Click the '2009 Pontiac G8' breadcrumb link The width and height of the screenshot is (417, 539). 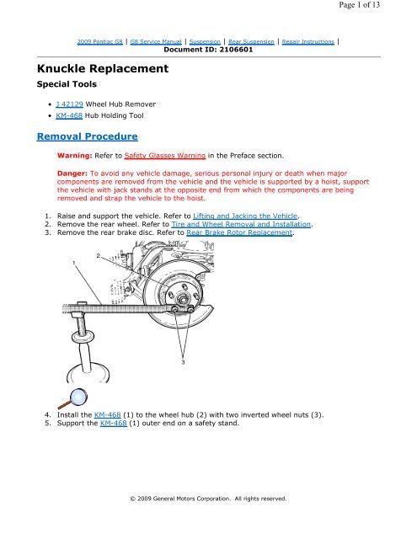click(x=103, y=40)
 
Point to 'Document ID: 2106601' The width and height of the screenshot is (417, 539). click(x=207, y=50)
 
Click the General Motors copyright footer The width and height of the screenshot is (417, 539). click(x=209, y=498)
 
